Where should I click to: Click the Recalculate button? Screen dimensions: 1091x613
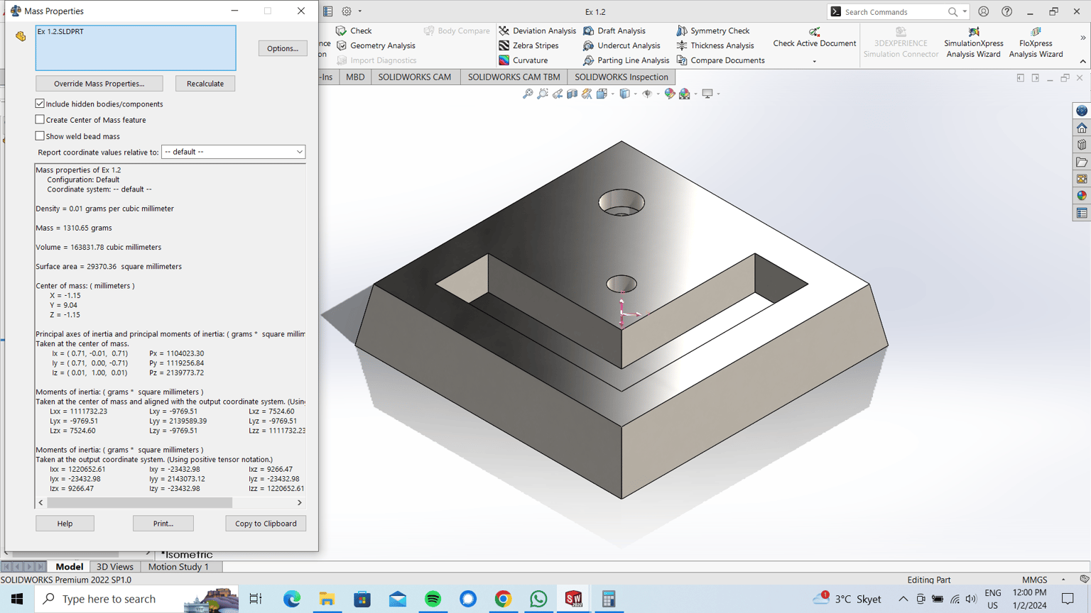pos(205,84)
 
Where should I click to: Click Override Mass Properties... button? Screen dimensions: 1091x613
pos(99,84)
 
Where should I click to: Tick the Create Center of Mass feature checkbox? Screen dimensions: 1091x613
pos(40,120)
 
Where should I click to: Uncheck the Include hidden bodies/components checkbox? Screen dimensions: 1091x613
pos(40,104)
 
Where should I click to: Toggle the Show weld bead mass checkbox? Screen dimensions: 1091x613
pos(40,136)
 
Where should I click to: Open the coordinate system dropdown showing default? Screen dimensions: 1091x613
pos(233,152)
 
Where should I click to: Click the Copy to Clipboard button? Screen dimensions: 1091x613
pos(266,524)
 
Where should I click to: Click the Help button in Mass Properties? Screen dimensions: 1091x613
pos(65,524)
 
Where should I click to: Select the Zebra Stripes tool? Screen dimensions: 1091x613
pos(529,45)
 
